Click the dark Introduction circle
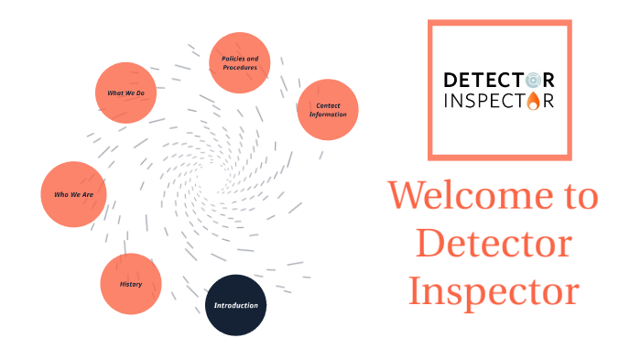pyautogui.click(x=235, y=305)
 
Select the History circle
pyautogui.click(x=131, y=284)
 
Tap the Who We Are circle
pyautogui.click(x=74, y=194)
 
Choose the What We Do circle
pyautogui.click(x=126, y=93)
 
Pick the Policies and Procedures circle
pyautogui.click(x=240, y=63)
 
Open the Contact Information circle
pyautogui.click(x=328, y=110)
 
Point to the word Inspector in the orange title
pyautogui.click(x=494, y=290)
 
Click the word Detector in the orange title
pyautogui.click(x=494, y=244)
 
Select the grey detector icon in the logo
pyautogui.click(x=533, y=80)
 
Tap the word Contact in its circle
pyautogui.click(x=328, y=105)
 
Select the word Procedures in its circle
pyautogui.click(x=240, y=68)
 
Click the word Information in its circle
pyautogui.click(x=328, y=115)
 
